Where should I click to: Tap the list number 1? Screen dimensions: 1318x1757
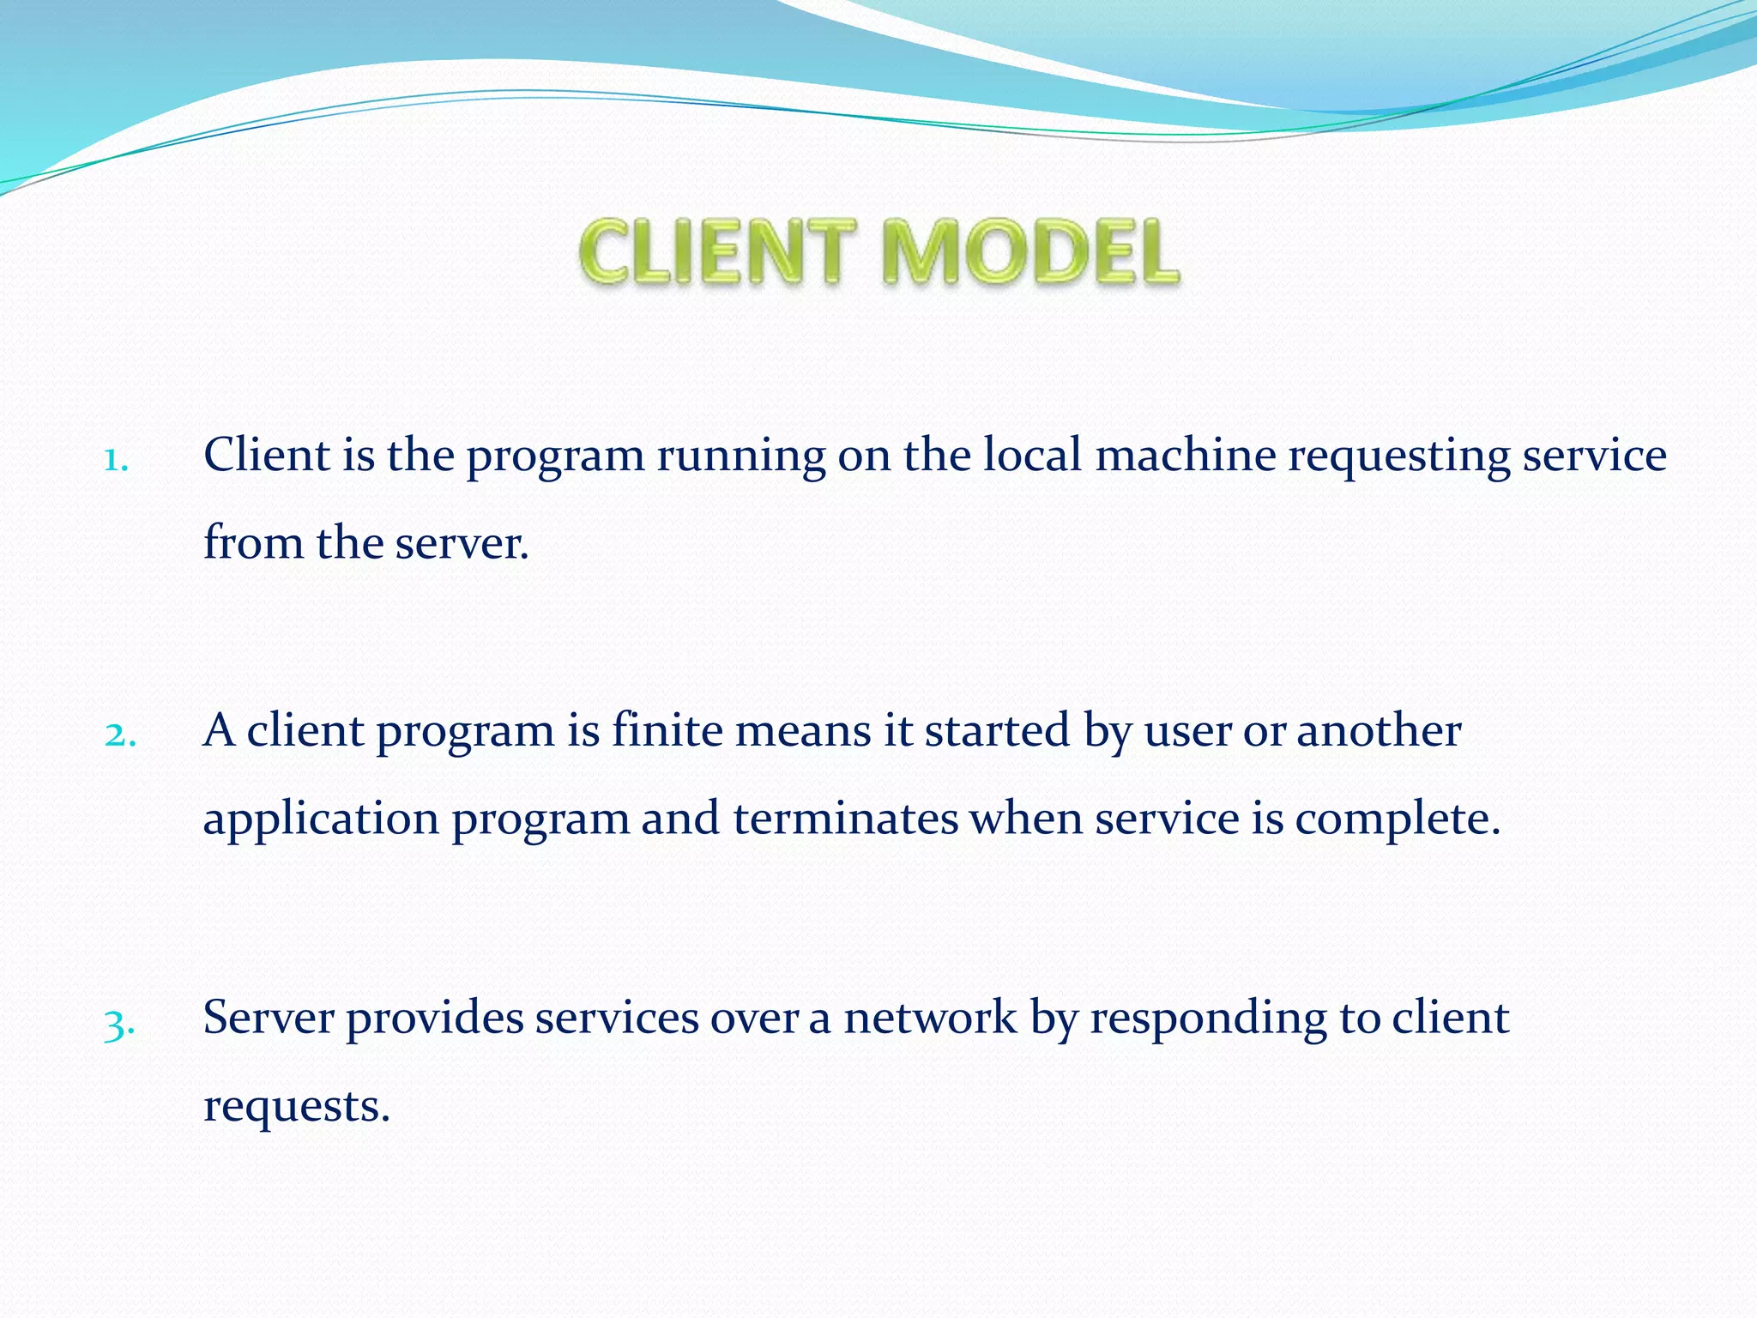(116, 461)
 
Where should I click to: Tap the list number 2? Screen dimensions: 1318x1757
(120, 735)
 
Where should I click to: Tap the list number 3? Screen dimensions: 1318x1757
(119, 1024)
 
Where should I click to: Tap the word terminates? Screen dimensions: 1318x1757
(845, 819)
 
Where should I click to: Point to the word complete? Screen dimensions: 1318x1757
(1398, 820)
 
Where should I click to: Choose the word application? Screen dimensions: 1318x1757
(321, 820)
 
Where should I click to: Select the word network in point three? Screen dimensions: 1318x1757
(930, 1018)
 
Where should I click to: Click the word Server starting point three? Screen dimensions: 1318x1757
(268, 1018)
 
